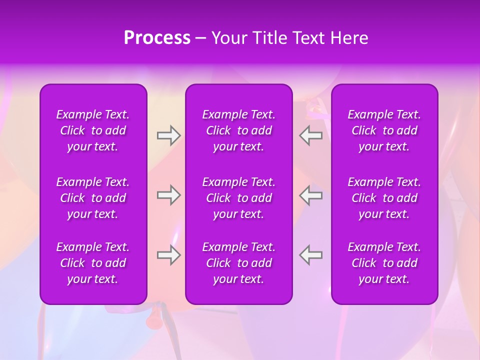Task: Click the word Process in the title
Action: (157, 38)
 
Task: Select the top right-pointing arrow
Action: (168, 135)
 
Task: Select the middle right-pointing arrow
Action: (168, 195)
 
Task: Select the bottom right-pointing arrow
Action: (168, 255)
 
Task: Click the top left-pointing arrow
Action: (311, 135)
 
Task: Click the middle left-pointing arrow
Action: (311, 195)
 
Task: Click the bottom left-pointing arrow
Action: (311, 255)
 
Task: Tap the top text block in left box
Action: (93, 130)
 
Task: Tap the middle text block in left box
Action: (93, 198)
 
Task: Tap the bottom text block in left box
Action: (93, 263)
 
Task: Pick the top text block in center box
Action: (238, 130)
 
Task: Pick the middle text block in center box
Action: (238, 198)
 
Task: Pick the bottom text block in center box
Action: (238, 263)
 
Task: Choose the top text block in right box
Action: (384, 130)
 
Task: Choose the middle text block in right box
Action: (384, 198)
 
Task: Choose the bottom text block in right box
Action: (384, 263)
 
